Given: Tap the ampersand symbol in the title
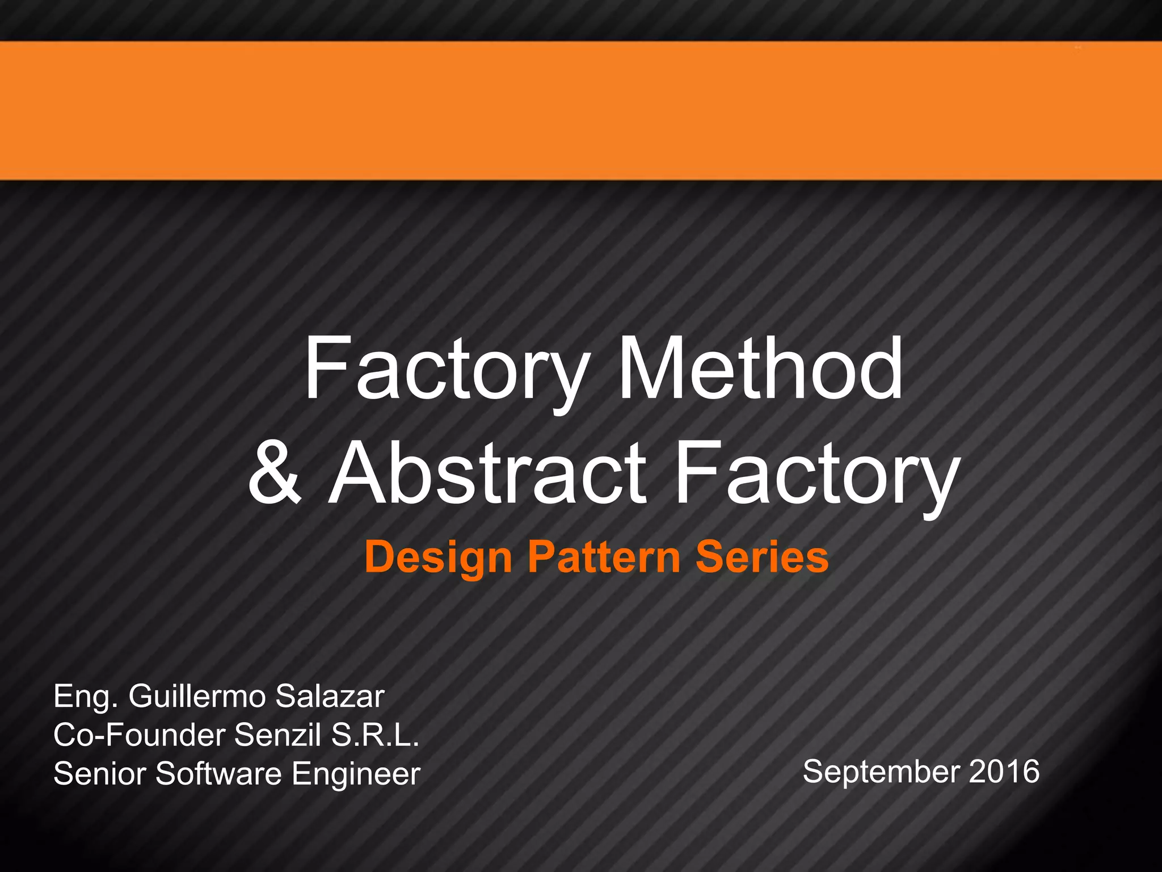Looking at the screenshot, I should click(x=275, y=472).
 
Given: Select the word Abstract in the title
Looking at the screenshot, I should click(x=488, y=472).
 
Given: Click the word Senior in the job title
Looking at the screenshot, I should click(x=99, y=773).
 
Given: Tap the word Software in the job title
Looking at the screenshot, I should click(x=218, y=773).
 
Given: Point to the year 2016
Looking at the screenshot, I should click(x=1004, y=772).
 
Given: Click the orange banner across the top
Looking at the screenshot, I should click(x=581, y=111).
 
